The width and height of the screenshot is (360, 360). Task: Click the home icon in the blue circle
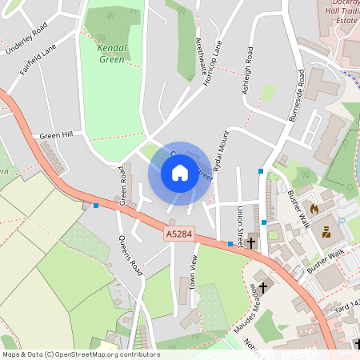coord(179,172)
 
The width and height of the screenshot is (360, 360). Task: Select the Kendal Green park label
coord(111,53)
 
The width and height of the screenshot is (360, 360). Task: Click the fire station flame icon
coord(314,208)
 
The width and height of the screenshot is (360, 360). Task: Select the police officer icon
coord(326,233)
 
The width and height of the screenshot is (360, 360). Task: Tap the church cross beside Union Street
coord(251,242)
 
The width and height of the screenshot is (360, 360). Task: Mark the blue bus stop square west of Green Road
coord(96,206)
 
